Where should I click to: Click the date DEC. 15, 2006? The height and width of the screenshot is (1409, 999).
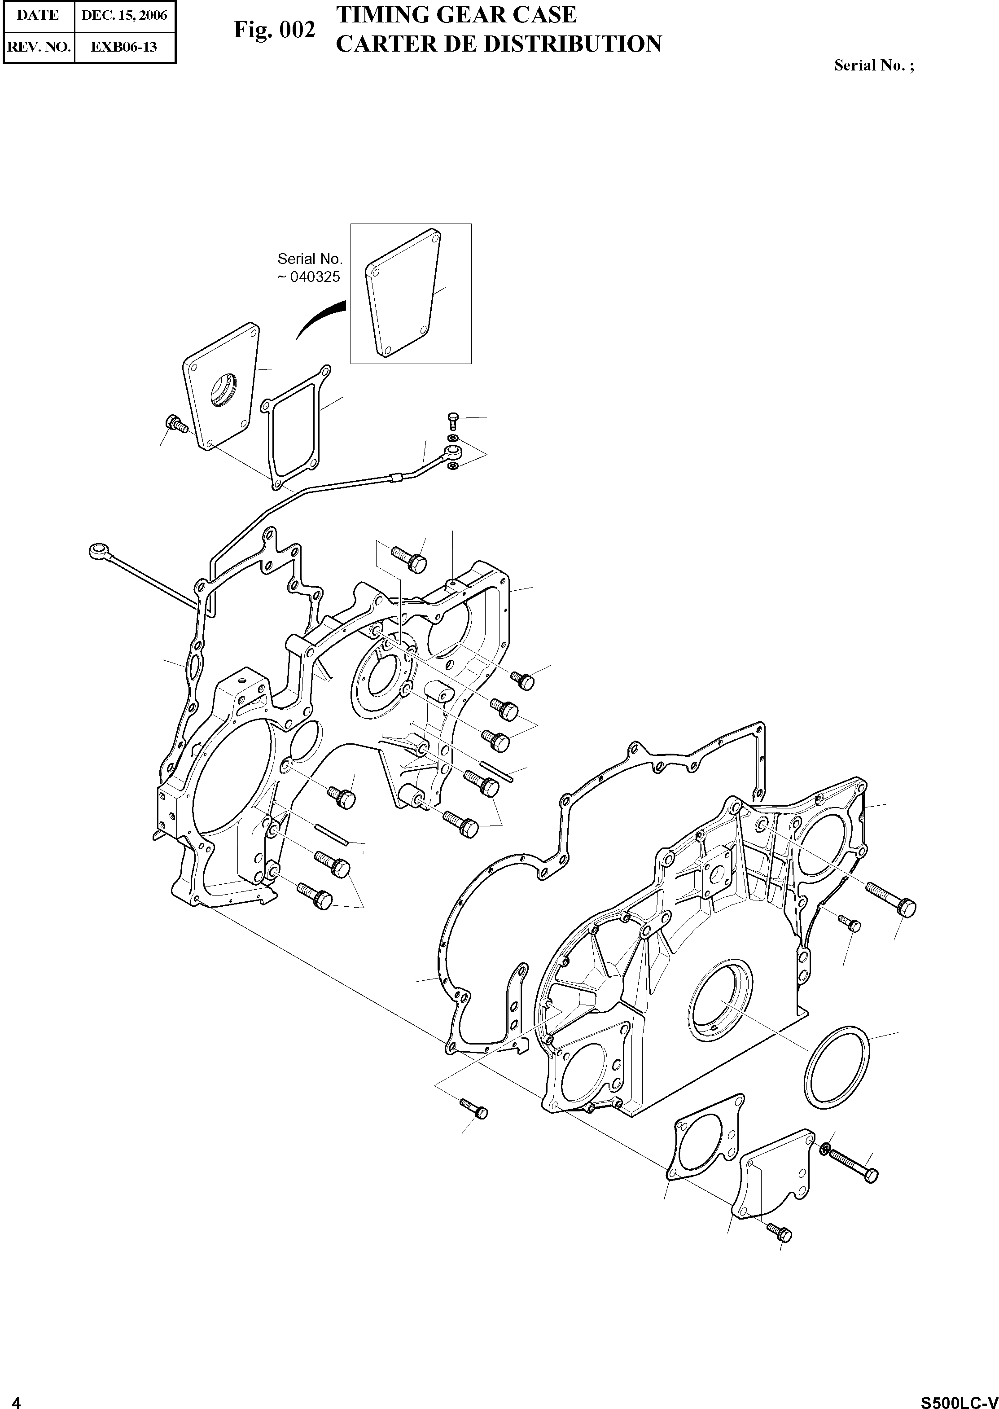point(124,15)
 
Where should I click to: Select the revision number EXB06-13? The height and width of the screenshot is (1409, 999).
point(124,46)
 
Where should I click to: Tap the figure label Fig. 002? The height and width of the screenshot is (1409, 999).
point(274,30)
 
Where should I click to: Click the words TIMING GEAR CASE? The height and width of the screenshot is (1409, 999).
point(456,15)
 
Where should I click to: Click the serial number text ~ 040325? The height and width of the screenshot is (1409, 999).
point(309,277)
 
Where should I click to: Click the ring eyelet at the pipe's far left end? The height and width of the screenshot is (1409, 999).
point(98,551)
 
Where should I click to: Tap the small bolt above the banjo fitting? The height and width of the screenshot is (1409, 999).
point(452,420)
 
